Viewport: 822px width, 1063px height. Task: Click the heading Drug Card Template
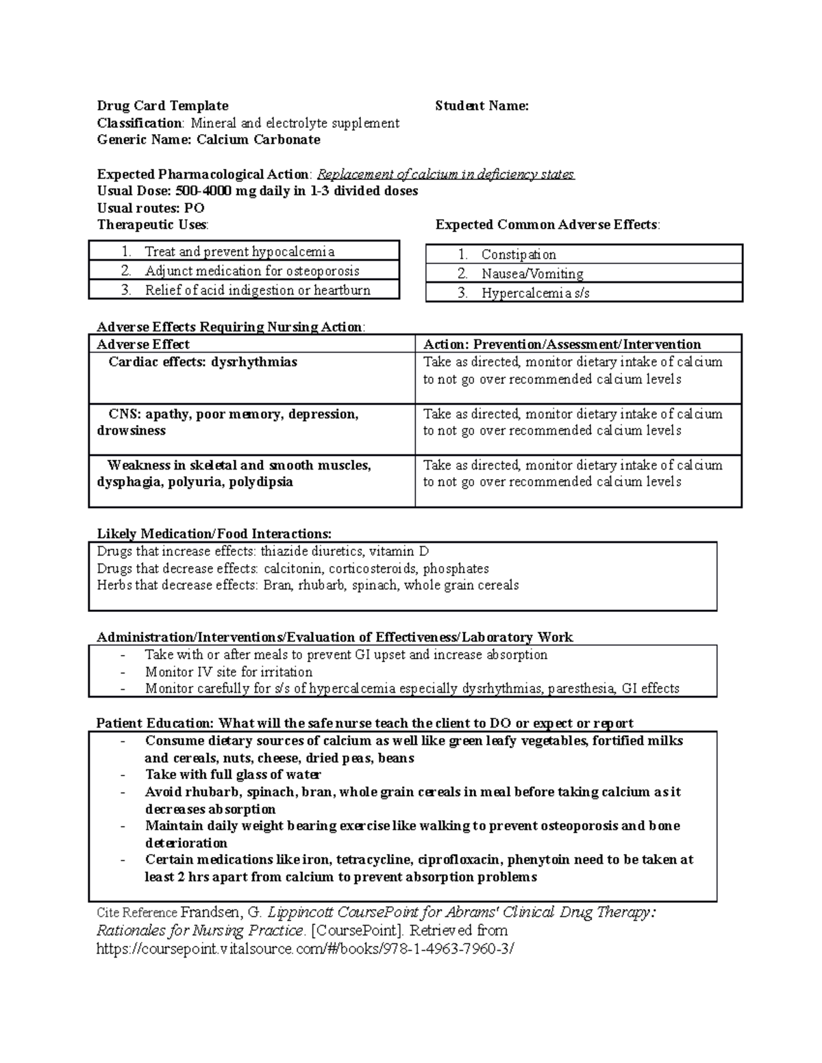pos(162,105)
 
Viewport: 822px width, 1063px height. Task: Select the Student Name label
pos(482,105)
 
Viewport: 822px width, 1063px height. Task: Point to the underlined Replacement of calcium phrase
pos(446,174)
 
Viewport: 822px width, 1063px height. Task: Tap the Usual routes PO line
pos(151,208)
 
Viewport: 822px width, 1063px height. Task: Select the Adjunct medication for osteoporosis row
pos(252,270)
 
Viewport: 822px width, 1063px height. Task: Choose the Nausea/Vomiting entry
pos(532,274)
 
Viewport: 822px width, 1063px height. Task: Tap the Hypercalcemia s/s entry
pos(535,293)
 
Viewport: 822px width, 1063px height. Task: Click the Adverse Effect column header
pos(143,344)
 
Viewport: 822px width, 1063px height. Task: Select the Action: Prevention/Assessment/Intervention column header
pos(562,344)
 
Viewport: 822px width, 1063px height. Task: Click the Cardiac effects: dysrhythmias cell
pos(203,361)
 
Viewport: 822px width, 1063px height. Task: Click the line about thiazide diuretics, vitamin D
pos(263,551)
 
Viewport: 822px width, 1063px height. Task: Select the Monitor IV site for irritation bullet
pos(229,671)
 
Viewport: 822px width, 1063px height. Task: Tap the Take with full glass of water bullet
pos(233,774)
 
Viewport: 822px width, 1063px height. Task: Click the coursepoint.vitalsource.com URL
pos(305,949)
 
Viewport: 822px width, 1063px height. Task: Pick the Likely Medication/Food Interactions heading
pos(214,533)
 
